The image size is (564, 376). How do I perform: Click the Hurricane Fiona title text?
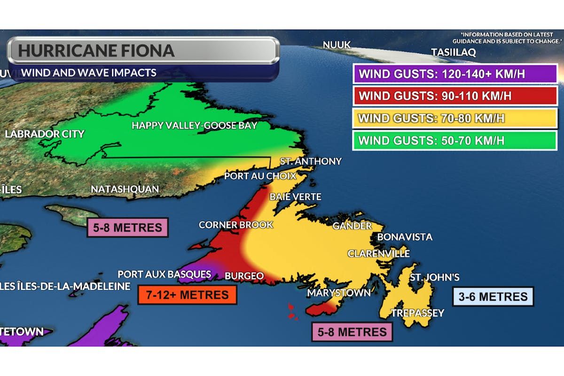click(x=96, y=50)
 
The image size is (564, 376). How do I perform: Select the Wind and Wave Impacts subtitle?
click(x=89, y=73)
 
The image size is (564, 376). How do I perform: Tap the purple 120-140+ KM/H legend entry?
click(x=454, y=74)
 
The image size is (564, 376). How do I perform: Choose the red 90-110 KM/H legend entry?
click(x=454, y=96)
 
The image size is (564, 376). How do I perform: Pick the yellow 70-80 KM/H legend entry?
click(x=454, y=118)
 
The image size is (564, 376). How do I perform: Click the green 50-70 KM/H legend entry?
click(x=454, y=140)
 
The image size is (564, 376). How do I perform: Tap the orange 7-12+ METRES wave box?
click(x=187, y=295)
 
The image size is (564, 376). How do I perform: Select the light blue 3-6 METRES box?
click(x=493, y=297)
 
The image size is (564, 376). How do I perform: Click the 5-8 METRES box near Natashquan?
click(x=128, y=228)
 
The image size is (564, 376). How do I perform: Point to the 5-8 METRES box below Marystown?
click(x=352, y=332)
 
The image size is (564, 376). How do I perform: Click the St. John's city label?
click(x=434, y=277)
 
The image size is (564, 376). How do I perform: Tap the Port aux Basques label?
click(x=164, y=274)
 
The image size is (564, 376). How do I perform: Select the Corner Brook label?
click(x=235, y=225)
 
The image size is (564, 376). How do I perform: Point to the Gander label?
click(x=352, y=226)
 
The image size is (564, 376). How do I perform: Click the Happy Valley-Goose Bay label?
click(x=194, y=125)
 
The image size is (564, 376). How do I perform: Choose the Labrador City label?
click(x=45, y=134)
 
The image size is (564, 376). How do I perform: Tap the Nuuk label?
click(x=337, y=45)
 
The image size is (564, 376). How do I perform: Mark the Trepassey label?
click(x=417, y=313)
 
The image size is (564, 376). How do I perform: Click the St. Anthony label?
click(x=311, y=161)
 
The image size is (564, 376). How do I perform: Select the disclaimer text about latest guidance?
click(x=511, y=37)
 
